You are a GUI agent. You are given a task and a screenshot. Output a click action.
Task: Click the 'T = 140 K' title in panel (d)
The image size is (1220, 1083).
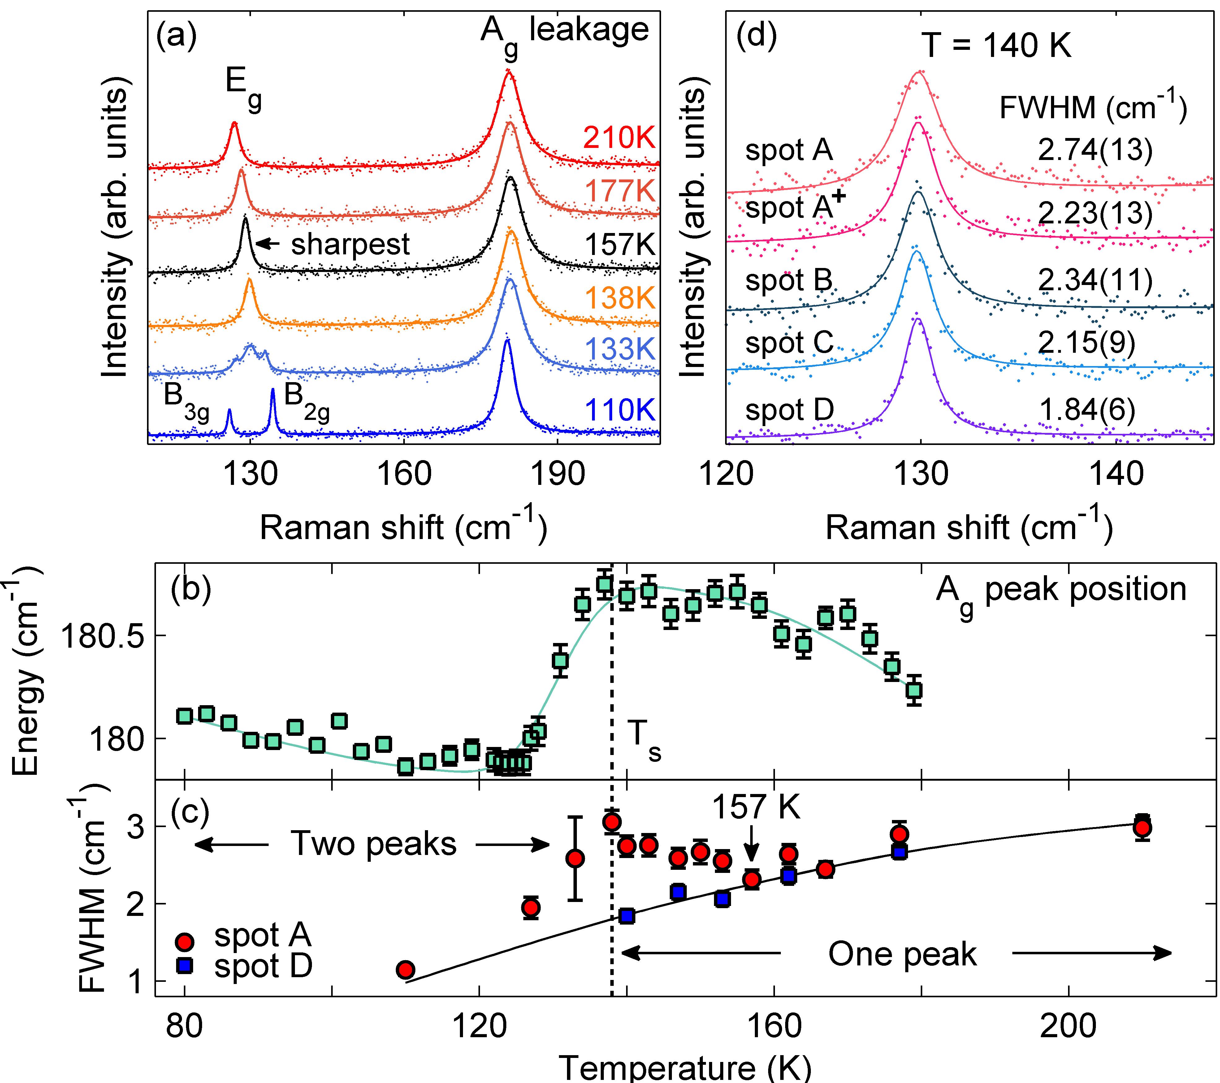(996, 45)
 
